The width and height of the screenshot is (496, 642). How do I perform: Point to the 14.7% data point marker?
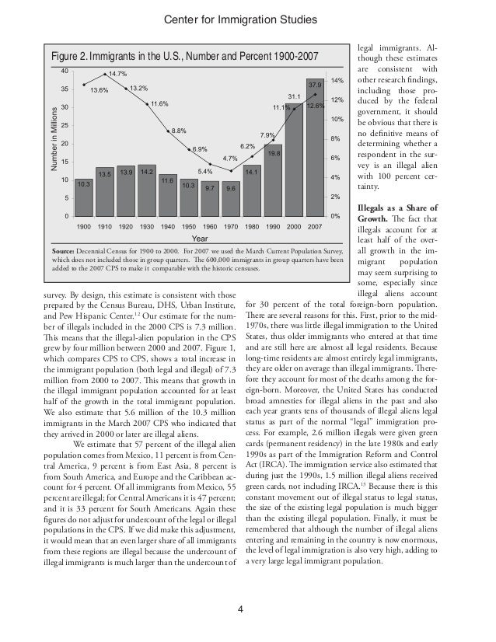click(106, 75)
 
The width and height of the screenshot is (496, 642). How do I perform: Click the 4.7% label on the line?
click(230, 159)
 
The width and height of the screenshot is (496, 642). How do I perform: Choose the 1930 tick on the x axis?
click(147, 226)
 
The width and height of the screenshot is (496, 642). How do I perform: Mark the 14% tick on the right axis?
click(337, 81)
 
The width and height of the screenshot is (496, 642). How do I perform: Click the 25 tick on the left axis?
click(65, 125)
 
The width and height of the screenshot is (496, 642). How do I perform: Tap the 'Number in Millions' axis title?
click(52, 145)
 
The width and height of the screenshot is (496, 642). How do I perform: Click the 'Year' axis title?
click(200, 239)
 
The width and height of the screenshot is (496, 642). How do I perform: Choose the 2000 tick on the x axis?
click(295, 226)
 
